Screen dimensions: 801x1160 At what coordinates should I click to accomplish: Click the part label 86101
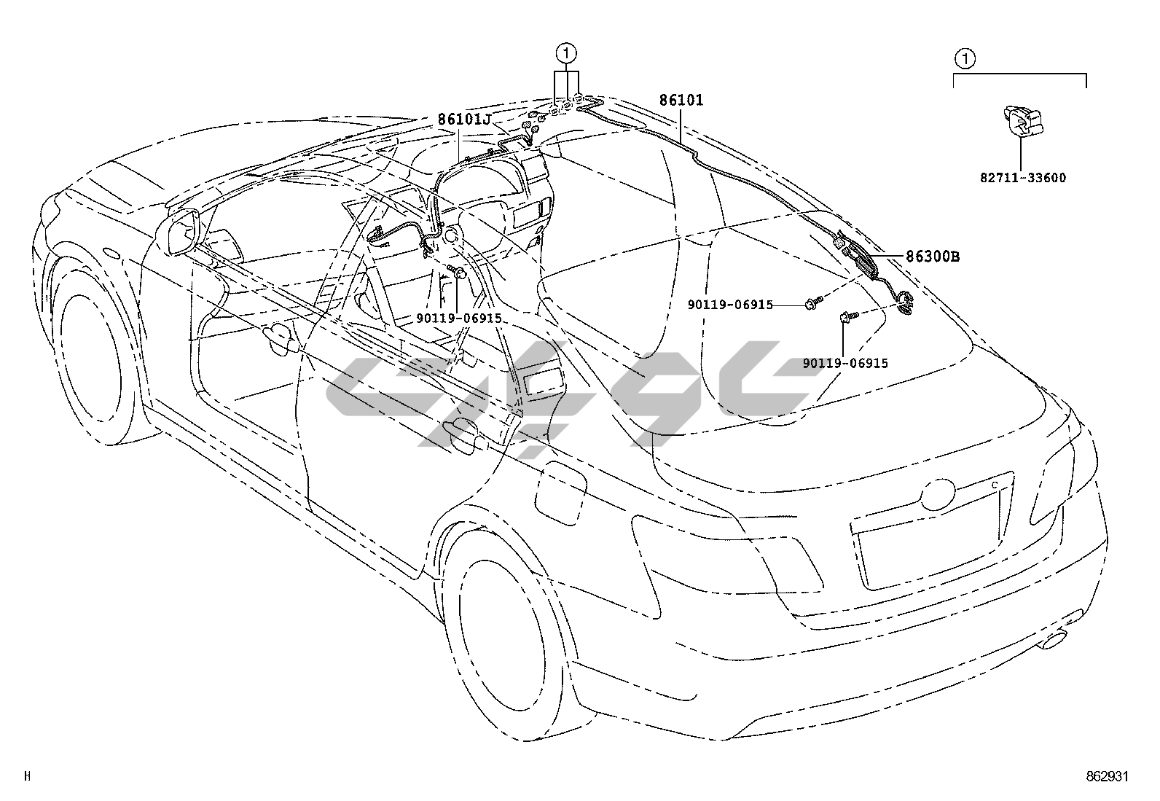click(682, 101)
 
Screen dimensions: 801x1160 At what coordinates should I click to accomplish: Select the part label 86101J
click(464, 120)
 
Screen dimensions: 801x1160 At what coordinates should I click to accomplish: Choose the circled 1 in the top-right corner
click(964, 58)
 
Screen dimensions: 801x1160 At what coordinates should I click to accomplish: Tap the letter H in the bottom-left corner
click(27, 776)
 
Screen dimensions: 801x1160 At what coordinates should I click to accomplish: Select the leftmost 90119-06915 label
click(459, 319)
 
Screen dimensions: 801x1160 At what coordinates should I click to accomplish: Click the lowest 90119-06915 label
click(845, 363)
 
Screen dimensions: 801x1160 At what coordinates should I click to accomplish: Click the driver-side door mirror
click(181, 232)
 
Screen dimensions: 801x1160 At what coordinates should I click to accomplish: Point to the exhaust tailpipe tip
click(1055, 642)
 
